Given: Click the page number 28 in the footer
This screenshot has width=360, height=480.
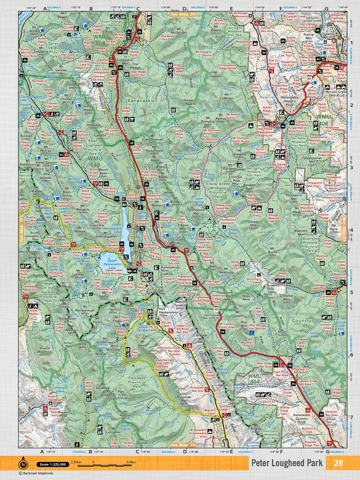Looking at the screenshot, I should pos(338,463).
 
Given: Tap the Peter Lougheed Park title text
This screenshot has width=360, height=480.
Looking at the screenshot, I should pos(287,463).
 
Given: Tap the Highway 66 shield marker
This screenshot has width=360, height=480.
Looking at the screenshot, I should pos(309,78).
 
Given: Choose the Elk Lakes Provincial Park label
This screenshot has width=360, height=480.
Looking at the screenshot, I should pos(136,382).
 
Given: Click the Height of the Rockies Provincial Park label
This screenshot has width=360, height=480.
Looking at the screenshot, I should pos(48,292).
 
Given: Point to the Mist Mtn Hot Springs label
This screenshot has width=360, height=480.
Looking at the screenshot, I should pos(257,327).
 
